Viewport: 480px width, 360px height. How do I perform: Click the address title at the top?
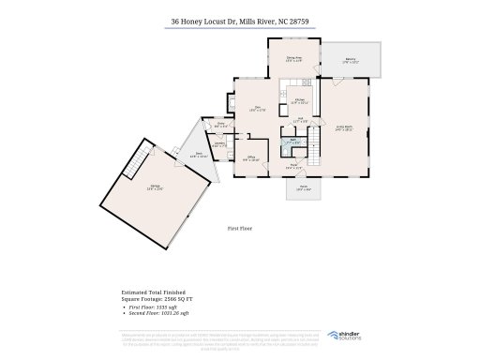(x=239, y=19)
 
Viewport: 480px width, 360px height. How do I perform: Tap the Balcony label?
(x=350, y=60)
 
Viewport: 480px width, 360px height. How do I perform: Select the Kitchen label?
(x=300, y=100)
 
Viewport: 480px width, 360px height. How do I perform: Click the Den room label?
(x=254, y=109)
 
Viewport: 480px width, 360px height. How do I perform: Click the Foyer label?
(x=293, y=166)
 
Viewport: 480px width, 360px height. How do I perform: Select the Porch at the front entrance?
(x=303, y=190)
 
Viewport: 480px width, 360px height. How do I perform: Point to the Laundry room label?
(x=217, y=144)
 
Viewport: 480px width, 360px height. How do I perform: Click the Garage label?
(x=153, y=187)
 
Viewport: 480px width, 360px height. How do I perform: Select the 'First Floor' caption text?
(x=240, y=227)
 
